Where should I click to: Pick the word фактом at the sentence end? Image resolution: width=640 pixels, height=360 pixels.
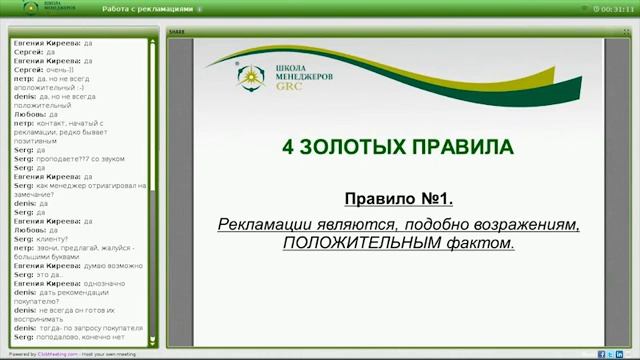[483, 243]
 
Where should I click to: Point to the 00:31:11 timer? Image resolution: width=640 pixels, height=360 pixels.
[614, 8]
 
